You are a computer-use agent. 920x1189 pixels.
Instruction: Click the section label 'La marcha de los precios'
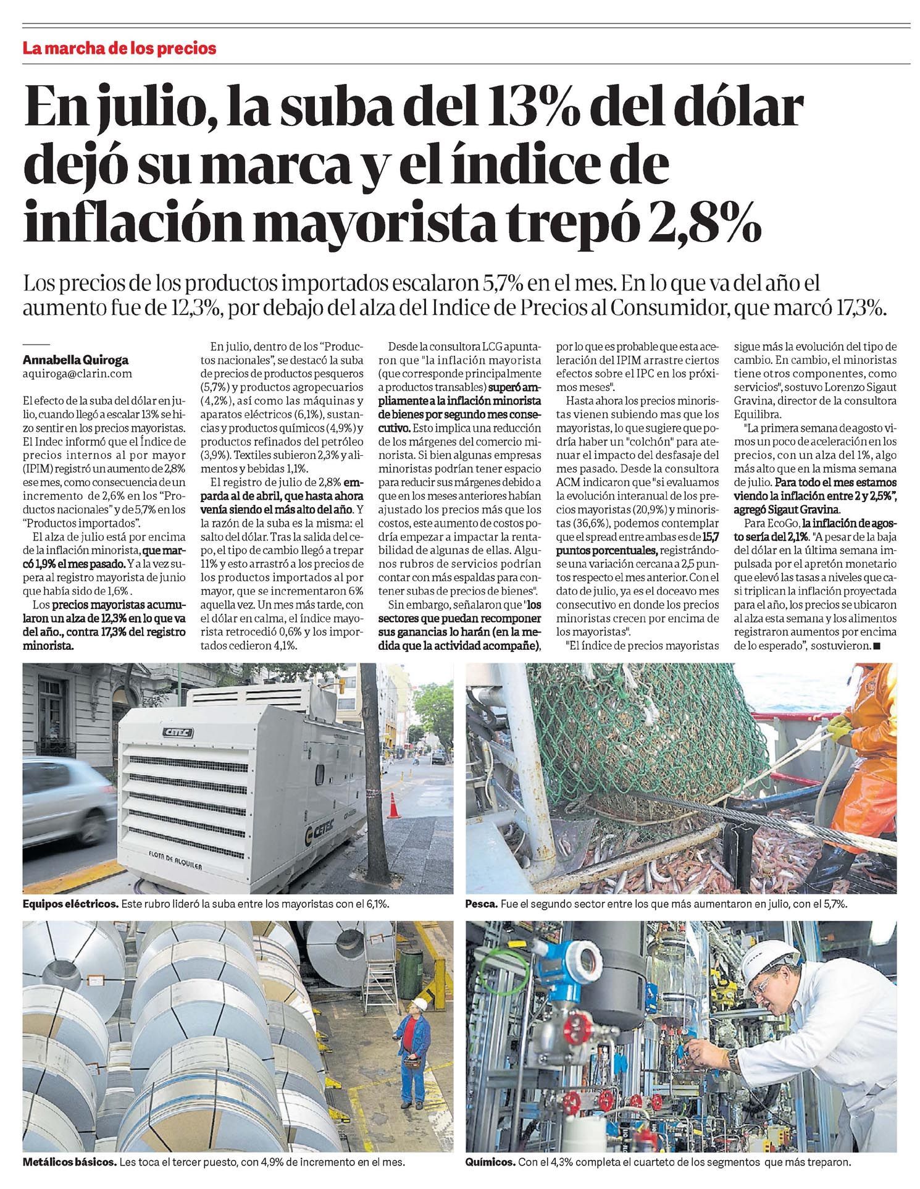point(119,48)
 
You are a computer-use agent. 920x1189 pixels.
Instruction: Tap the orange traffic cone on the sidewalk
point(393,807)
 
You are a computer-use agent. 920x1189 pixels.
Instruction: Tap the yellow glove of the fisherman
point(841,731)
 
